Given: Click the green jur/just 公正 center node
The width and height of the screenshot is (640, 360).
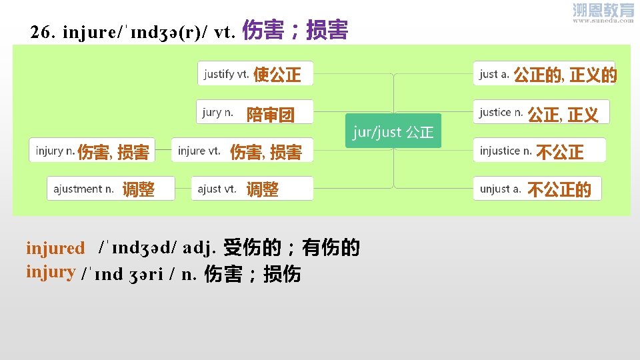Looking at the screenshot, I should [393, 131].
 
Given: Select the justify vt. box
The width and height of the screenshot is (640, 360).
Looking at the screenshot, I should [255, 73].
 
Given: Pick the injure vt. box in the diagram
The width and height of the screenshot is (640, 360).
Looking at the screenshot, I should [241, 151].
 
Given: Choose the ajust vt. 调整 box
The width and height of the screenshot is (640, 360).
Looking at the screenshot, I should [251, 189].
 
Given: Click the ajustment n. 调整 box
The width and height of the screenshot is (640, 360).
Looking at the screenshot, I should [111, 189].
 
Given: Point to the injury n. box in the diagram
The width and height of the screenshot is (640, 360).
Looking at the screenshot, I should [92, 151].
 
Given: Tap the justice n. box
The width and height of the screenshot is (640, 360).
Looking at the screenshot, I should [539, 113].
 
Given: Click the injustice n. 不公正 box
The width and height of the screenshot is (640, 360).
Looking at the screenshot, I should [539, 151].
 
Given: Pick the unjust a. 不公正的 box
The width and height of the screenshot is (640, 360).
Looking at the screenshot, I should [536, 189].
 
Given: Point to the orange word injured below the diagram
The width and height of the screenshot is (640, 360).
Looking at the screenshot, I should [55, 249].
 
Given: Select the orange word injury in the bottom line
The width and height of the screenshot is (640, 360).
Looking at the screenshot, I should [50, 271].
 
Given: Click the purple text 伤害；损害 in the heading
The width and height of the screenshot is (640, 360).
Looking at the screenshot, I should [295, 31].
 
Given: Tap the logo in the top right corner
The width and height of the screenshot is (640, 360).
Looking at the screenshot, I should [603, 13].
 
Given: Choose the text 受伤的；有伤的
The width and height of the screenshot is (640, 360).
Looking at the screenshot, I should [291, 248].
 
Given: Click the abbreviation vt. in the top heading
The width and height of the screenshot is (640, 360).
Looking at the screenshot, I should [223, 32].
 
